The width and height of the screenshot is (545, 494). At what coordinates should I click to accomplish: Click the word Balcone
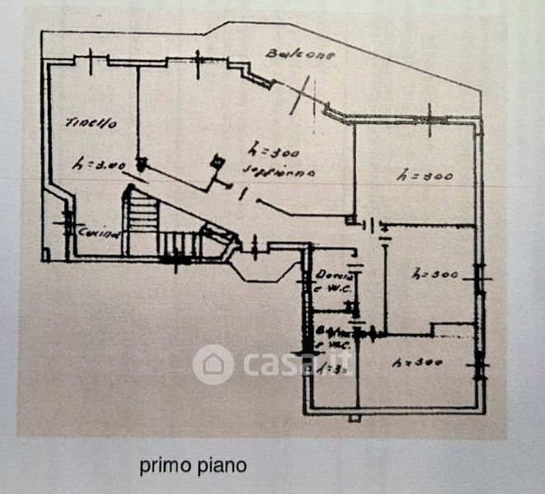289,56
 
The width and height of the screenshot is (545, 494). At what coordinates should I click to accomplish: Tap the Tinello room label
91,123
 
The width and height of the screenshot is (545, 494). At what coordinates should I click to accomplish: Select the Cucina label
99,232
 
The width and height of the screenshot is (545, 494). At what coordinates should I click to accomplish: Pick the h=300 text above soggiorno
269,152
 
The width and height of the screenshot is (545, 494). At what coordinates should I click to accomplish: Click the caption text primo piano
192,466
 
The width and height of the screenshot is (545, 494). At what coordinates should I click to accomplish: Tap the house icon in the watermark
214,365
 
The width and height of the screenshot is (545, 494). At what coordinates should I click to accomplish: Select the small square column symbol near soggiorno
217,162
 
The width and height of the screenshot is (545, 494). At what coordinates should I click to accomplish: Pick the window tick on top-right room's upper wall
430,113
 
